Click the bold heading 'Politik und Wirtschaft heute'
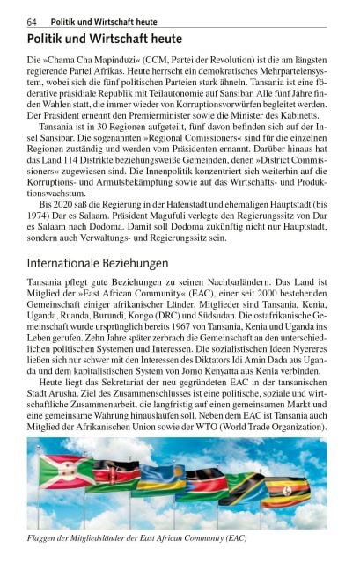pyautogui.click(x=105, y=39)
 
